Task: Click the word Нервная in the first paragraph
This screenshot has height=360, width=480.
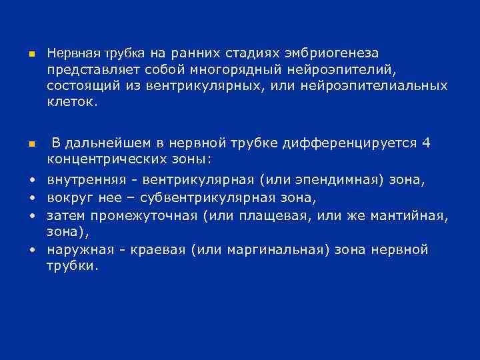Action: coord(72,53)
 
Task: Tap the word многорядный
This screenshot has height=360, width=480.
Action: coord(229,69)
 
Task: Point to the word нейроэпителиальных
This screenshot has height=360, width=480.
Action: coord(375,87)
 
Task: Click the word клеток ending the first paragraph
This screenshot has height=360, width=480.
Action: coord(72,103)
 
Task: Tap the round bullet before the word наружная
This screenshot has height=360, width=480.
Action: coord(31,250)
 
